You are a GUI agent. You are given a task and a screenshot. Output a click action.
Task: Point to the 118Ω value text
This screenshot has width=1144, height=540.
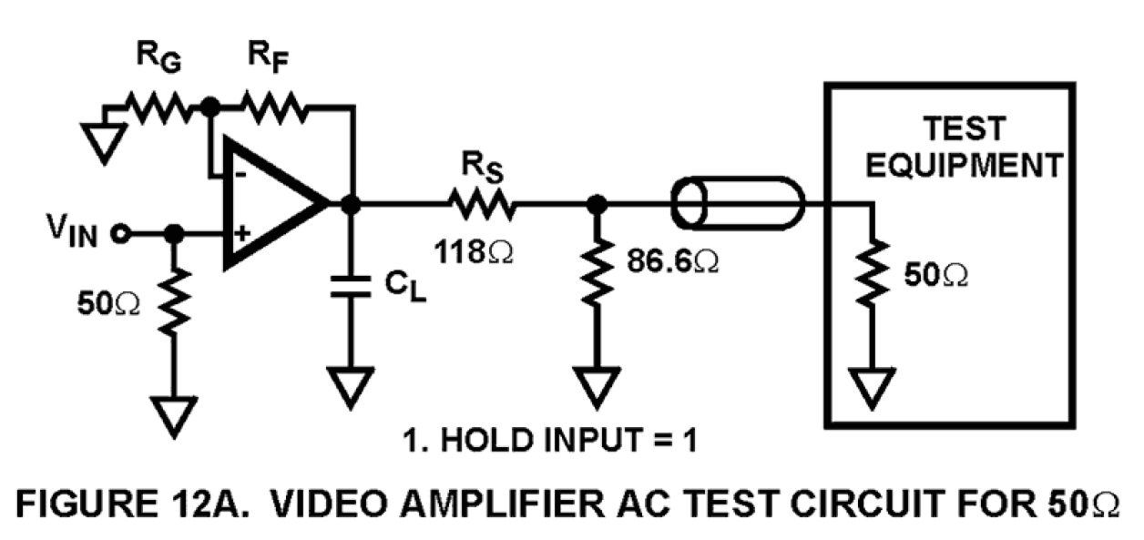point(475,250)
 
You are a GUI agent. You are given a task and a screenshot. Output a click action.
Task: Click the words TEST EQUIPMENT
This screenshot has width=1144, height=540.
point(964,146)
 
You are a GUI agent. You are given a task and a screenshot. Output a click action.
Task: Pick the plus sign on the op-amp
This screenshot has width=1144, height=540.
point(240,234)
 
